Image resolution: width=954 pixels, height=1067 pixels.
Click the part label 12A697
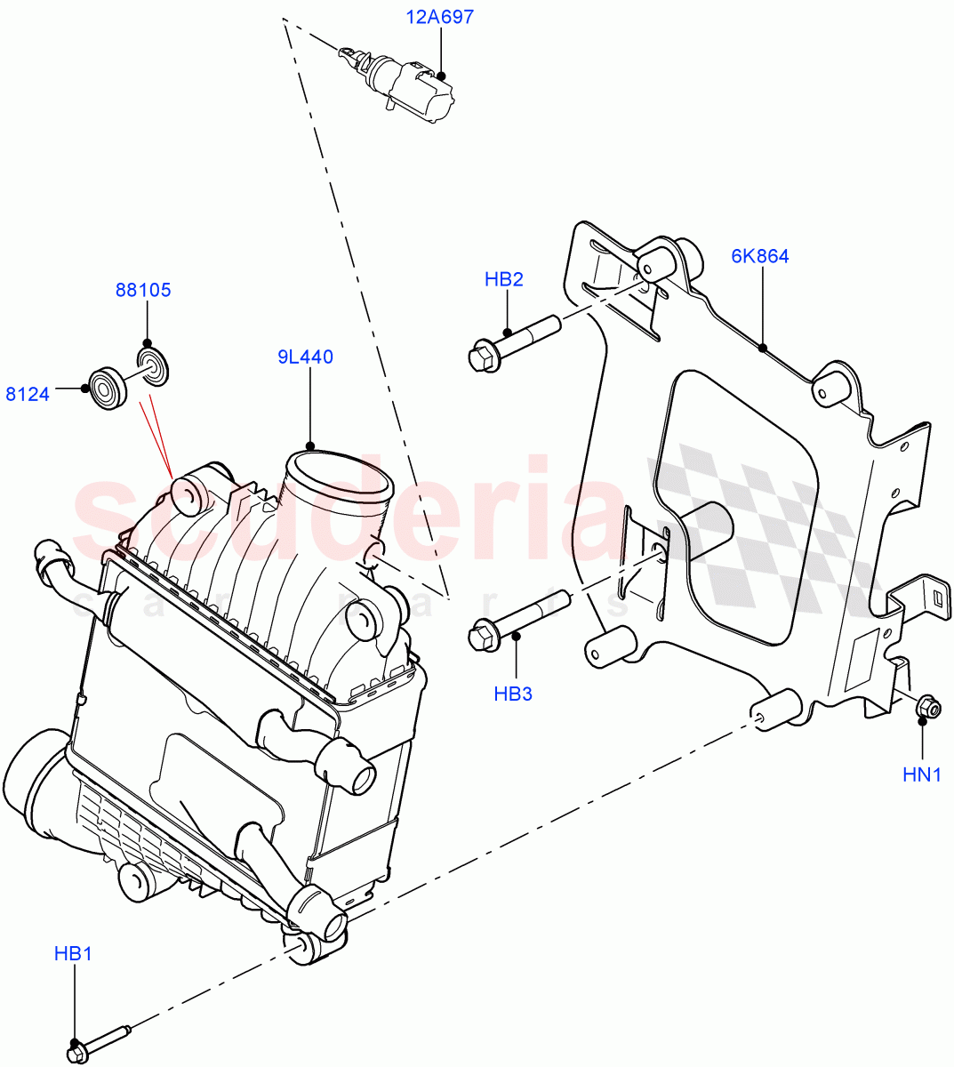(x=440, y=17)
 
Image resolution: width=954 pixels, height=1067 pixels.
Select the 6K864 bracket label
(x=760, y=257)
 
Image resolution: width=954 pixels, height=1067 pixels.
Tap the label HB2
(x=503, y=279)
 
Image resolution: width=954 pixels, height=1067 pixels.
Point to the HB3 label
(x=513, y=694)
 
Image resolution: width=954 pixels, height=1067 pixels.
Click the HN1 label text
(x=922, y=774)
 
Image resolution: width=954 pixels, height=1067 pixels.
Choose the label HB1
(x=73, y=954)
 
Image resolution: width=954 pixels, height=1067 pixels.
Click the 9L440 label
(x=304, y=357)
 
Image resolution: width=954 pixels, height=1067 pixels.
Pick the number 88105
(x=143, y=290)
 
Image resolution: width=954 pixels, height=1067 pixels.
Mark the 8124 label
(x=28, y=393)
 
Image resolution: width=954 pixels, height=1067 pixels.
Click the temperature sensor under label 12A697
(x=409, y=83)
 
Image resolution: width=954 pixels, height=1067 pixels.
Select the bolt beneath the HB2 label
(x=512, y=342)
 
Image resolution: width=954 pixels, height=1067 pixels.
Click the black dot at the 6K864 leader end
(x=763, y=349)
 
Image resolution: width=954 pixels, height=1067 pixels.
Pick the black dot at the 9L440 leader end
(x=309, y=445)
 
